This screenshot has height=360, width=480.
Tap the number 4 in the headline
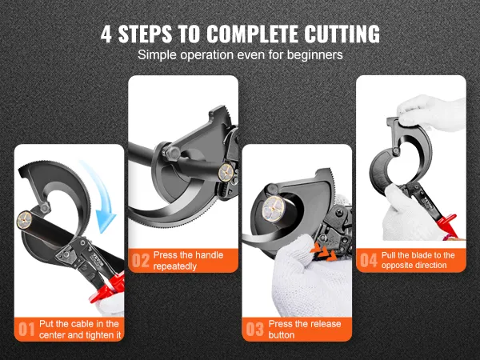(x=106, y=34)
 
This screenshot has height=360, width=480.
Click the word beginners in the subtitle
(x=314, y=55)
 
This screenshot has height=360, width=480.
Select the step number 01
(x=26, y=329)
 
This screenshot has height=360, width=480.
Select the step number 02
(x=140, y=260)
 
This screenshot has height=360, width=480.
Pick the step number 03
(x=255, y=329)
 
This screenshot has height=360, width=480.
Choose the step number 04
(x=368, y=260)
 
